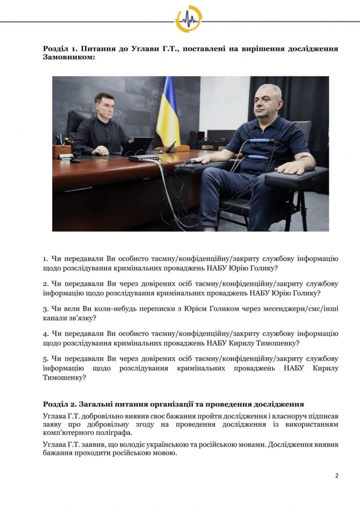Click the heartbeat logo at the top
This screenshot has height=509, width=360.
click(x=188, y=19)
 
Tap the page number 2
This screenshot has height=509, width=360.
click(x=337, y=475)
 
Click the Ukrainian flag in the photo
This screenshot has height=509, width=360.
click(x=169, y=112)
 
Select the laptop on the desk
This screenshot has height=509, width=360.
click(x=139, y=146)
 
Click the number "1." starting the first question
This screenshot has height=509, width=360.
click(x=46, y=259)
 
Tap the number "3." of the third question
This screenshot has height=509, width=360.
click(x=46, y=309)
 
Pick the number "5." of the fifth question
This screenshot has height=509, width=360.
click(x=46, y=359)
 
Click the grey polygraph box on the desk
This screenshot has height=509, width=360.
click(x=144, y=157)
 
